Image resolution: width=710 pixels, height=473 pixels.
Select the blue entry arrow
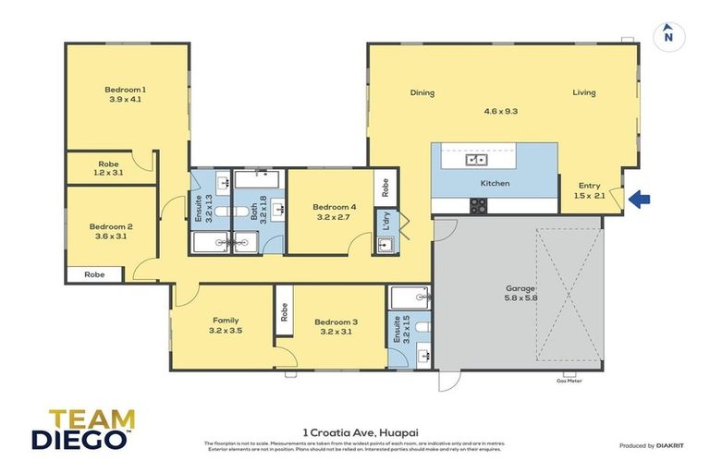(639, 198)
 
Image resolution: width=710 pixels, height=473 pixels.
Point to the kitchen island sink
(476, 160)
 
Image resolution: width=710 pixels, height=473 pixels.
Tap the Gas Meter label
(567, 380)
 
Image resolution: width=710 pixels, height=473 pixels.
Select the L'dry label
(385, 222)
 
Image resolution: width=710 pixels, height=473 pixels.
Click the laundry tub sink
(386, 244)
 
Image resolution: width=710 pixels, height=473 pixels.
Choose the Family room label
(220, 323)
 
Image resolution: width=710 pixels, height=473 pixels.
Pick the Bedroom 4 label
(334, 212)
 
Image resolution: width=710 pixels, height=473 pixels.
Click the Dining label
(422, 92)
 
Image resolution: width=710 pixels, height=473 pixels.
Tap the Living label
(583, 92)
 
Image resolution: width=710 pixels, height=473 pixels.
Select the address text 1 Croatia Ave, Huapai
(355, 431)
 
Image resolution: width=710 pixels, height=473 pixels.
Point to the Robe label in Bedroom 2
(94, 274)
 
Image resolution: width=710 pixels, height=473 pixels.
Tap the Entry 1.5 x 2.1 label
(589, 190)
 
